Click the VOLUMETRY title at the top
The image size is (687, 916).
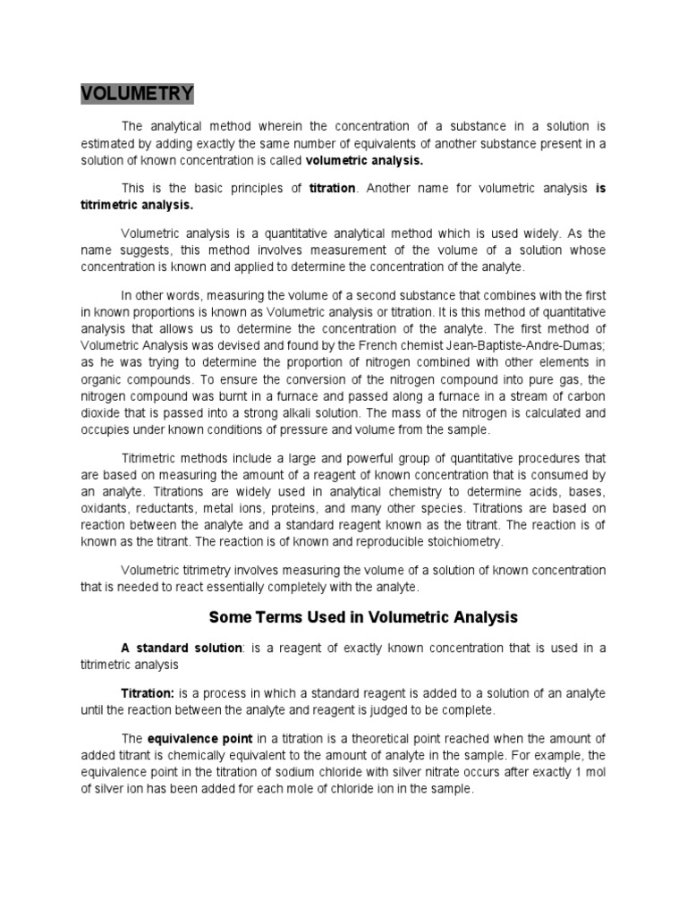pos(138,94)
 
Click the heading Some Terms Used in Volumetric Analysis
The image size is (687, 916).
pos(363,617)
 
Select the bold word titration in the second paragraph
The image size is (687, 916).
pos(332,189)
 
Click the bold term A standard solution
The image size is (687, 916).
pos(182,648)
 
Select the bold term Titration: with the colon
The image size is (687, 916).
pos(148,694)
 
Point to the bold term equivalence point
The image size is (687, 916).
pos(200,738)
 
